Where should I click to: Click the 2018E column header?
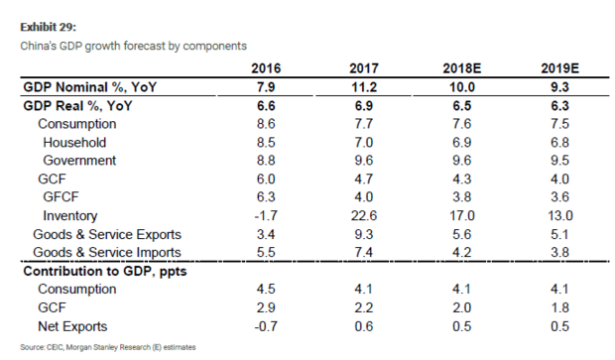pyautogui.click(x=461, y=68)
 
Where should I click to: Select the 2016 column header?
pyautogui.click(x=266, y=68)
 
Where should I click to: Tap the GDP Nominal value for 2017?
pyautogui.click(x=364, y=86)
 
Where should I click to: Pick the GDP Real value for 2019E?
pyautogui.click(x=559, y=105)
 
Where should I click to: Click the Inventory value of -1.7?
pyautogui.click(x=266, y=215)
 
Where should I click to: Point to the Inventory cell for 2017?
pyautogui.click(x=364, y=215)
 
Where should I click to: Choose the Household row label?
pyautogui.click(x=74, y=142)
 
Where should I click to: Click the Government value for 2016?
pyautogui.click(x=266, y=160)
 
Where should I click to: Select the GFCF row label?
pyautogui.click(x=61, y=196)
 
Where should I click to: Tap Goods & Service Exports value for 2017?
pyautogui.click(x=364, y=234)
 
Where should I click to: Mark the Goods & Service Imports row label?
pyautogui.click(x=107, y=252)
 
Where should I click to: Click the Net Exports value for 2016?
pyautogui.click(x=266, y=326)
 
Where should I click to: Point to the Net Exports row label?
pyautogui.click(x=72, y=326)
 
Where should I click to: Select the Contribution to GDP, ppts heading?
pyautogui.click(x=105, y=271)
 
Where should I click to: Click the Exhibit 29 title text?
pyautogui.click(x=49, y=27)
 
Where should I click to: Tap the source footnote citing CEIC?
pyautogui.click(x=108, y=347)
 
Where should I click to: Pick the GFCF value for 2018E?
pyautogui.click(x=461, y=196)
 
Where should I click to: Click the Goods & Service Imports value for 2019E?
pyautogui.click(x=559, y=252)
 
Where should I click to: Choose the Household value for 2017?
pyautogui.click(x=364, y=142)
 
